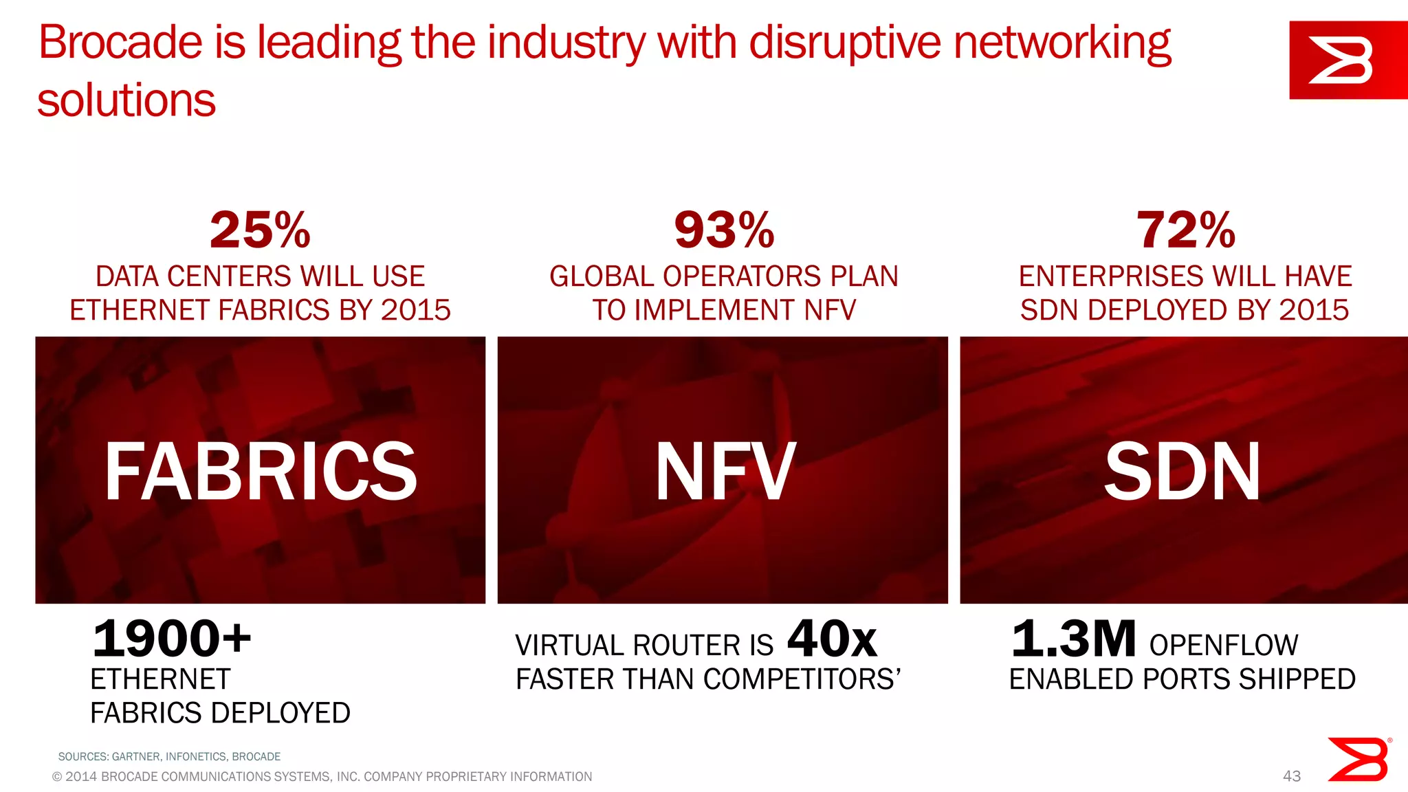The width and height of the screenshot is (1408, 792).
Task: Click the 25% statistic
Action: pyautogui.click(x=260, y=230)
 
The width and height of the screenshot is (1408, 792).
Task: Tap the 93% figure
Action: pyautogui.click(x=724, y=230)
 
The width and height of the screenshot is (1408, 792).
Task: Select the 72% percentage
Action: pyautogui.click(x=1185, y=230)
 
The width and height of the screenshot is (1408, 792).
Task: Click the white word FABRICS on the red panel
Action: pyautogui.click(x=261, y=472)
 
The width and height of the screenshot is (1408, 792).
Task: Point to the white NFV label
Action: pyautogui.click(x=725, y=472)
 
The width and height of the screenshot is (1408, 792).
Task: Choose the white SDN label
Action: pyautogui.click(x=1182, y=472)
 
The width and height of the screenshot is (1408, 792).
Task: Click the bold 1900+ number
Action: pyautogui.click(x=172, y=638)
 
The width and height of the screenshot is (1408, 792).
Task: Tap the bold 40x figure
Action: pyautogui.click(x=832, y=638)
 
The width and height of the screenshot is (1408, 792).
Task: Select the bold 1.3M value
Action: pyautogui.click(x=1073, y=638)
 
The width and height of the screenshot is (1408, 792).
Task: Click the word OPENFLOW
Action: pyautogui.click(x=1224, y=646)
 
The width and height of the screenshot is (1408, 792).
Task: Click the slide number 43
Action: pyautogui.click(x=1292, y=776)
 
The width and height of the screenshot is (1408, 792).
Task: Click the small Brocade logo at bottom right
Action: pyautogui.click(x=1358, y=760)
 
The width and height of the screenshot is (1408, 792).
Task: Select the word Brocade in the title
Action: pyautogui.click(x=120, y=43)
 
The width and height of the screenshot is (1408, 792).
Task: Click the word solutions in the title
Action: pyautogui.click(x=126, y=100)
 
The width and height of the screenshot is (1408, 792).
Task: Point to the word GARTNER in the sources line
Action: pyautogui.click(x=137, y=757)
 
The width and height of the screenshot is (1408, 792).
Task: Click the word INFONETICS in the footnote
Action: pyautogui.click(x=196, y=757)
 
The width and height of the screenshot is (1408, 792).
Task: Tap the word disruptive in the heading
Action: pyautogui.click(x=845, y=43)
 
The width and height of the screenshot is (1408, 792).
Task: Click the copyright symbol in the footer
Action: pyautogui.click(x=57, y=777)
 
